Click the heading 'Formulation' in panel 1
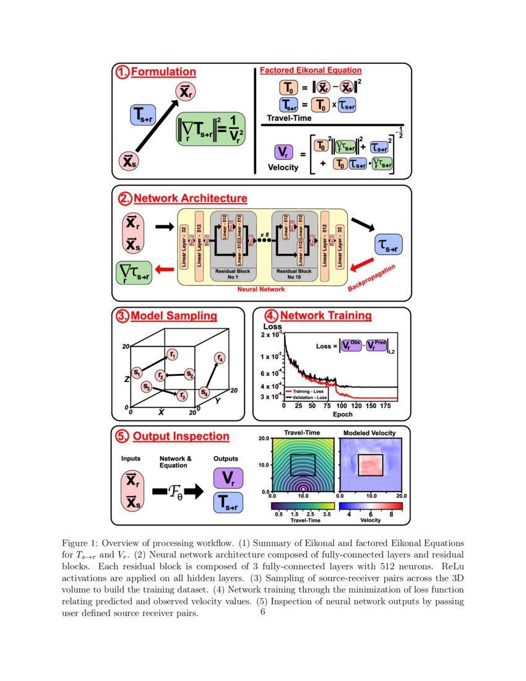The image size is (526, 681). [164, 72]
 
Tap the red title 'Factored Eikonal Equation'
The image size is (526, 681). [311, 71]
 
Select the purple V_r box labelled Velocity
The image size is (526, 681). [283, 152]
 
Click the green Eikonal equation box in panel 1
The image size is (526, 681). [210, 129]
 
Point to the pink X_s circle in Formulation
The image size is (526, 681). [128, 161]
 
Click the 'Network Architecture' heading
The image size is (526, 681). [190, 199]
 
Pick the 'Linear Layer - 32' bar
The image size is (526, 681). [184, 247]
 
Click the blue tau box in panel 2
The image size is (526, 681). [388, 245]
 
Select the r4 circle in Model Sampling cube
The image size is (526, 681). [219, 358]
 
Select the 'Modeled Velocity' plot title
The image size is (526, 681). [369, 432]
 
